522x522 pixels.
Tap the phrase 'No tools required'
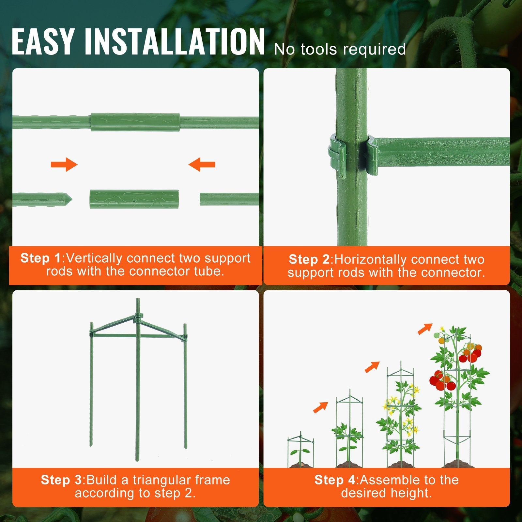[340, 50]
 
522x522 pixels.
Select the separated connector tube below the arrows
[134, 199]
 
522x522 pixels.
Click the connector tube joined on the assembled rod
[135, 122]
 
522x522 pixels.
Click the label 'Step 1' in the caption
[40, 258]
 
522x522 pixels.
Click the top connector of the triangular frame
[138, 316]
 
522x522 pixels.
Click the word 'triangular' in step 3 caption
[162, 480]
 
